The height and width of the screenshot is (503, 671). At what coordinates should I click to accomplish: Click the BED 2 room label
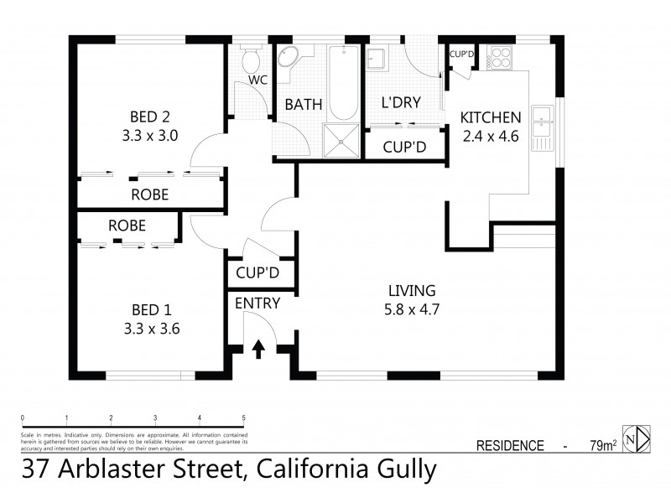pyautogui.click(x=150, y=116)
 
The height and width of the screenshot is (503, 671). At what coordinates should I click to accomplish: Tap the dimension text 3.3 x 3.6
pyautogui.click(x=150, y=329)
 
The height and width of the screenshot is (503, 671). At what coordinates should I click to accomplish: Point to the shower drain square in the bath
pyautogui.click(x=342, y=143)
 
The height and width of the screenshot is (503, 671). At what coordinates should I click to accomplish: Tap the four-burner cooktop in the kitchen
pyautogui.click(x=501, y=56)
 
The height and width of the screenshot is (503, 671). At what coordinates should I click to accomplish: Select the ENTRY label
pyautogui.click(x=257, y=303)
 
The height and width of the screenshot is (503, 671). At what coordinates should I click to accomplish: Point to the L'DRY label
pyautogui.click(x=401, y=102)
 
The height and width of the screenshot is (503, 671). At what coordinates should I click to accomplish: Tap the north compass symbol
pyautogui.click(x=640, y=438)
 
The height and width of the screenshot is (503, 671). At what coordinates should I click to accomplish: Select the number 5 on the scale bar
pyautogui.click(x=243, y=417)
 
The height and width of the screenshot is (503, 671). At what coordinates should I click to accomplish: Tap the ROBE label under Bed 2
pyautogui.click(x=150, y=194)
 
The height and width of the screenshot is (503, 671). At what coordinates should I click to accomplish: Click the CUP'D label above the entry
pyautogui.click(x=257, y=273)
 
